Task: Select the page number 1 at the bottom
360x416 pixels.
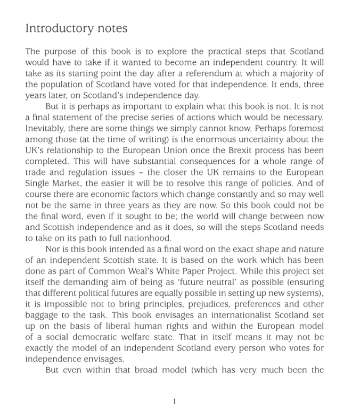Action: point(174,401)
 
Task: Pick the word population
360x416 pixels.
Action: point(63,85)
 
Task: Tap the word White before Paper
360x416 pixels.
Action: point(168,272)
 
